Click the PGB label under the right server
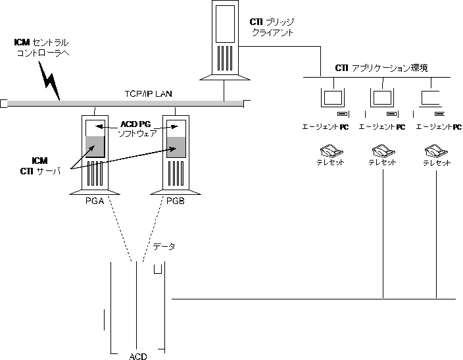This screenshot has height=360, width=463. tap(175, 201)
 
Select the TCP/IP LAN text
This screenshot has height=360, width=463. tap(148, 94)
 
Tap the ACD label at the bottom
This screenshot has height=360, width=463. tap(138, 356)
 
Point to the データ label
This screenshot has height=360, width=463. tap(164, 247)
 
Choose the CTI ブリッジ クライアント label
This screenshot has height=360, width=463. tap(273, 27)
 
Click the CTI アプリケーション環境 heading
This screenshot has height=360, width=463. tap(381, 68)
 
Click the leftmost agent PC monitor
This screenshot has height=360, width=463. tap(332, 97)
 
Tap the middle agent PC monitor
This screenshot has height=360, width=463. tap(383, 97)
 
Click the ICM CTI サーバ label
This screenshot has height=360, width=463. tap(40, 166)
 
